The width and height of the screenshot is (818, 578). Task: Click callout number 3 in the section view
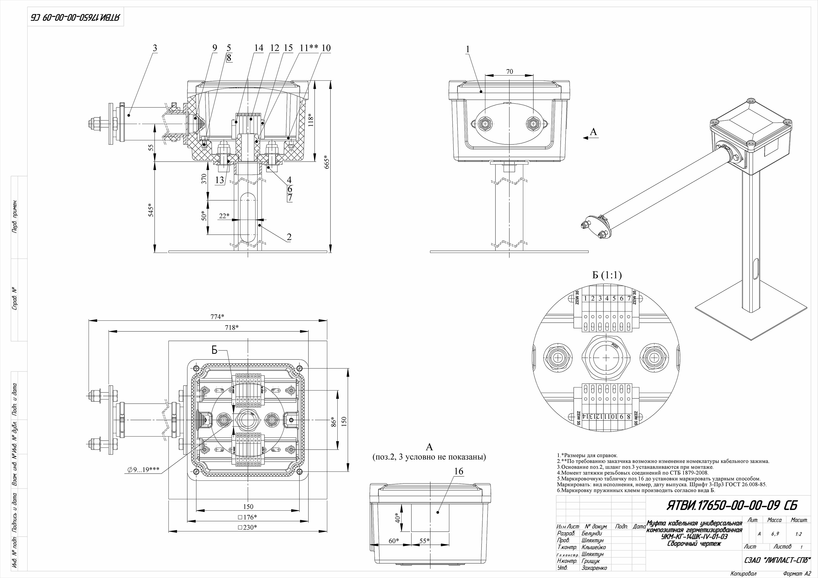click(155, 48)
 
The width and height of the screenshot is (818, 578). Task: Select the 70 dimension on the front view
click(509, 72)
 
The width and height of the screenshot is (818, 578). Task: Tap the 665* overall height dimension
click(327, 163)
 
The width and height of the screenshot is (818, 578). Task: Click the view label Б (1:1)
click(607, 275)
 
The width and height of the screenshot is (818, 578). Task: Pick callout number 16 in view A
click(459, 471)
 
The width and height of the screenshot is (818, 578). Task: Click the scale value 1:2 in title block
click(798, 534)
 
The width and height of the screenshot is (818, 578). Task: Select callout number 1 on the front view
click(468, 50)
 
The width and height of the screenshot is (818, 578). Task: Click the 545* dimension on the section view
click(151, 210)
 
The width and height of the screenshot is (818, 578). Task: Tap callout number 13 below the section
click(219, 180)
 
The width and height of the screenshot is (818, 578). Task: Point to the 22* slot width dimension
click(224, 216)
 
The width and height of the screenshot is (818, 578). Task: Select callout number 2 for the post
click(289, 237)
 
